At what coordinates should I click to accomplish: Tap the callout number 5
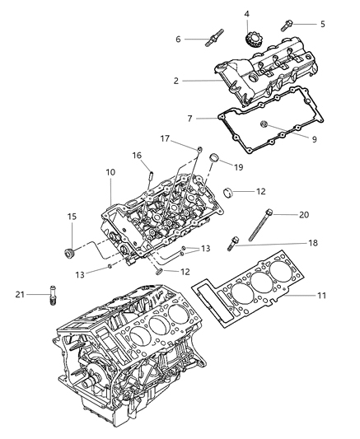[x=322, y=24]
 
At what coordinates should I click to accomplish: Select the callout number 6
[x=177, y=39]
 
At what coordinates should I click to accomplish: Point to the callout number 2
[x=175, y=81]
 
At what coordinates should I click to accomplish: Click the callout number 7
[x=189, y=119]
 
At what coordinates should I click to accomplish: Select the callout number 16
[x=137, y=154]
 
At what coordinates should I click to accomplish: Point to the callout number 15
[x=72, y=217]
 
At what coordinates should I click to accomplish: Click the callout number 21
[x=18, y=293]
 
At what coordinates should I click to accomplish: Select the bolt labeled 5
[x=292, y=24]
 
